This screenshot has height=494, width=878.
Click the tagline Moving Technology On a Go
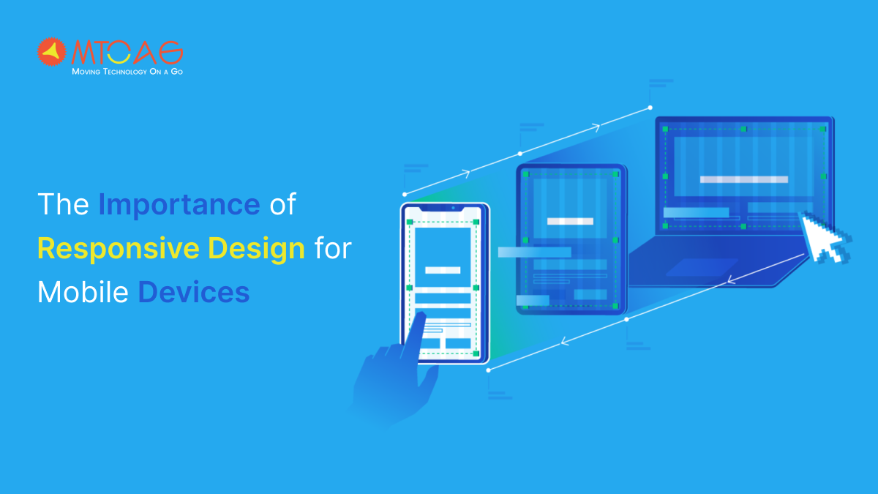(x=127, y=72)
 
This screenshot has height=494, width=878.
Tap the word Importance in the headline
(x=179, y=205)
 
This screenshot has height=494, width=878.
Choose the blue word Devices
(x=194, y=293)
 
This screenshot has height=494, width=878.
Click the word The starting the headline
(x=63, y=205)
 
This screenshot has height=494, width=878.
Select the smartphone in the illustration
(x=444, y=282)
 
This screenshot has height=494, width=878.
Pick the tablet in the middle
(x=571, y=239)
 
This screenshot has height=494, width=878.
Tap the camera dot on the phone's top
(x=454, y=209)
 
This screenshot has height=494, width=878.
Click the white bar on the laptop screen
(x=743, y=179)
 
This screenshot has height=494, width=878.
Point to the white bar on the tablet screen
(x=571, y=221)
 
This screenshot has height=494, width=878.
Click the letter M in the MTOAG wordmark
(x=83, y=53)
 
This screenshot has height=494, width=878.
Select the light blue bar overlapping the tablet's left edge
(x=534, y=252)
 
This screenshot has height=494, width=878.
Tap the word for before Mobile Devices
(x=333, y=249)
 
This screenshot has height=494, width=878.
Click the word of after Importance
(x=282, y=205)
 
